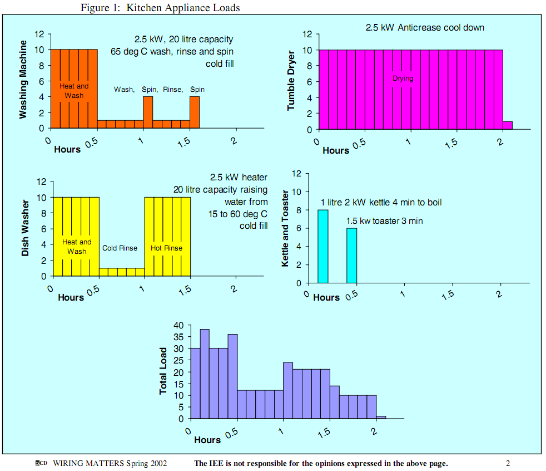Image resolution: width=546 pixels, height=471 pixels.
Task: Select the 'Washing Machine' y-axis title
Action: pos(23,79)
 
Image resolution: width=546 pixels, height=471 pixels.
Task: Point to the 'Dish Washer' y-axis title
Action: pos(25,228)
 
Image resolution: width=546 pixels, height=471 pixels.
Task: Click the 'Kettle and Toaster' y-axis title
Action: pos(285,228)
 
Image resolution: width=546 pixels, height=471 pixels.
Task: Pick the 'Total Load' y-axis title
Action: pos(163,371)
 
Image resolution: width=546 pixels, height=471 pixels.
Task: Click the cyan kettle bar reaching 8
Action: pos(323,246)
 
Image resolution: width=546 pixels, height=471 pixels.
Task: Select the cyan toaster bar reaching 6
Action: pos(351,255)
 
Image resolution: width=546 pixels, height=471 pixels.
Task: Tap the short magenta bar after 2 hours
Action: pos(508,125)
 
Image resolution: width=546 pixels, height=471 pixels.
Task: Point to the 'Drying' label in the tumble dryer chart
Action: pos(403,78)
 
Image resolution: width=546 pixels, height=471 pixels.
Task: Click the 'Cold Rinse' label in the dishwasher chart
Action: pos(120,248)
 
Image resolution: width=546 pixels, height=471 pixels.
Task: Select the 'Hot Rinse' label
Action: pos(166,248)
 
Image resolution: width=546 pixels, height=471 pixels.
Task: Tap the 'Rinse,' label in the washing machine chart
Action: pos(173,89)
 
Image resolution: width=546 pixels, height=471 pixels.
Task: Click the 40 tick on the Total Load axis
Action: pos(178,325)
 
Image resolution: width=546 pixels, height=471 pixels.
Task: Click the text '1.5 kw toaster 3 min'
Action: pos(384,221)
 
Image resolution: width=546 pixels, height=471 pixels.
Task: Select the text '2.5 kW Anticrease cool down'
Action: pos(425,27)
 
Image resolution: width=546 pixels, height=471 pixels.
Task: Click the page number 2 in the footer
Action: pos(508,463)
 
